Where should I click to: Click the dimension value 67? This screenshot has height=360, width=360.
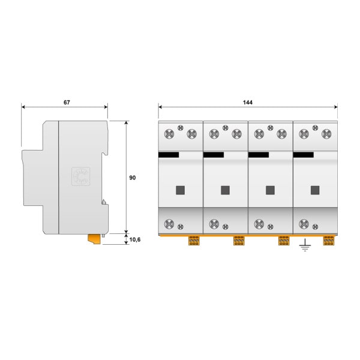[67, 103]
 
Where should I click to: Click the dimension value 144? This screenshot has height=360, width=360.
[248, 103]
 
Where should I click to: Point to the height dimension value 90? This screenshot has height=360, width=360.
[133, 178]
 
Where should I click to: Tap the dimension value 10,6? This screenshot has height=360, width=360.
[135, 239]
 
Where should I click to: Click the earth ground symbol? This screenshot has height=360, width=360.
[305, 245]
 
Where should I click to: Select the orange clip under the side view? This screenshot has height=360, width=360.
[94, 239]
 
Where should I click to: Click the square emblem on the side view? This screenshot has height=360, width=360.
[81, 176]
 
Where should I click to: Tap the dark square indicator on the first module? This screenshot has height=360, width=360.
[180, 190]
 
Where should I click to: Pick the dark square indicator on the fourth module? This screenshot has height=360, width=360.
[315, 190]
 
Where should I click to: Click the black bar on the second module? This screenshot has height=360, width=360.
[214, 155]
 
